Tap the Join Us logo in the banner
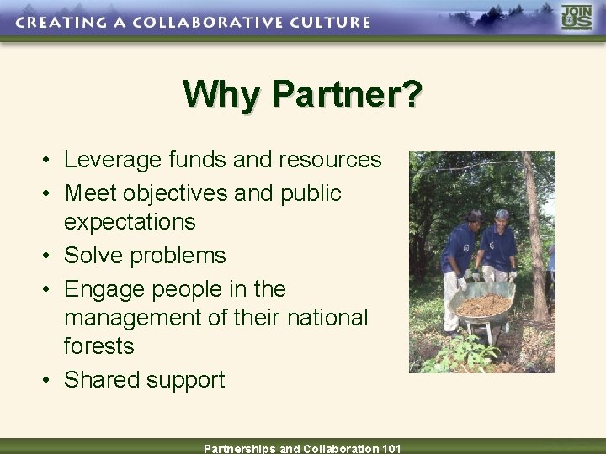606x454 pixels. (x=577, y=18)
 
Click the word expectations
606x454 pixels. (x=130, y=222)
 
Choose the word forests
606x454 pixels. (x=98, y=346)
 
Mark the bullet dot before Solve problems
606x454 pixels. (x=51, y=256)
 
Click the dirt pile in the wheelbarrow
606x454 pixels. (x=484, y=304)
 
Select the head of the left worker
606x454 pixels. (x=473, y=218)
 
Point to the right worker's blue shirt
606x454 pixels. (x=499, y=248)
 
